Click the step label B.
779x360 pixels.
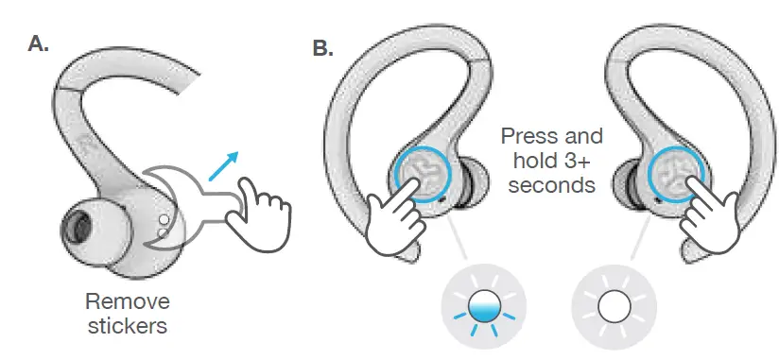click(x=321, y=48)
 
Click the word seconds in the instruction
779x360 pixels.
click(x=551, y=185)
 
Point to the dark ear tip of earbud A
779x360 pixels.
click(x=75, y=227)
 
